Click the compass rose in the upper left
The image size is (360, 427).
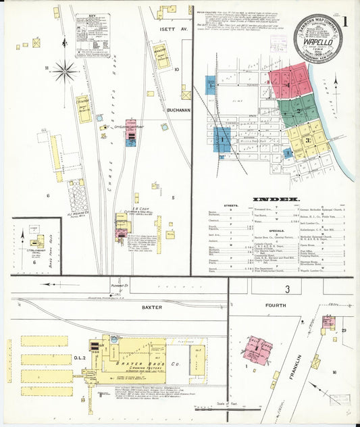(66, 68)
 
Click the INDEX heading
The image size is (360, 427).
(276, 199)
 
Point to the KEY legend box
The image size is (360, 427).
(92, 34)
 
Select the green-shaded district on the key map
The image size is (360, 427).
(297, 109)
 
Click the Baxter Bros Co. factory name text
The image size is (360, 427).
(140, 363)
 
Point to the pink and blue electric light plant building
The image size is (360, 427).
(130, 132)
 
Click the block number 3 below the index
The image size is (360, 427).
(286, 289)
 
